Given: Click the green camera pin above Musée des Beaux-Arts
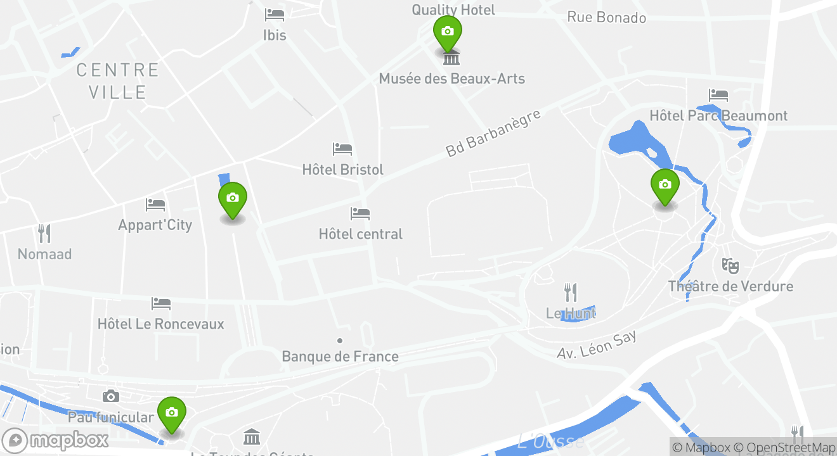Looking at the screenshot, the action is click(447, 32).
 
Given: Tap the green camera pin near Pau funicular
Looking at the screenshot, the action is click(171, 413).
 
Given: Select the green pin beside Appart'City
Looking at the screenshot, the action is click(233, 198).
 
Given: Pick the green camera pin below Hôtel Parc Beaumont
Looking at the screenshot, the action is click(665, 185).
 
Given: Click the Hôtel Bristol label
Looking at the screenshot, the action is click(342, 170).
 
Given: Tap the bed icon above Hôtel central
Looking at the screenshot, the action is click(360, 213).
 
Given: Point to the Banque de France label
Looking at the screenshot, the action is click(340, 357).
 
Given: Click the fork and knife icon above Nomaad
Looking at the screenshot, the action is click(44, 234).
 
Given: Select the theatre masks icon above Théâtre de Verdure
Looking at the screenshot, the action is click(730, 265).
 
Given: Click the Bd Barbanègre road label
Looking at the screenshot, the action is click(493, 133).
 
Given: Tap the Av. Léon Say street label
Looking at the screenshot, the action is click(597, 345).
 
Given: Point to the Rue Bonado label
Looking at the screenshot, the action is click(606, 17).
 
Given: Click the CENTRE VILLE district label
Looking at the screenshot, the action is click(117, 80).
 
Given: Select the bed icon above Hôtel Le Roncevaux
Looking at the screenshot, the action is click(161, 304).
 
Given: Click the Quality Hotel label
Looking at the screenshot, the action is click(453, 9).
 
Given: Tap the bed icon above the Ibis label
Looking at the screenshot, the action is click(275, 15).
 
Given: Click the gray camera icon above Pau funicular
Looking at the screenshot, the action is click(111, 396).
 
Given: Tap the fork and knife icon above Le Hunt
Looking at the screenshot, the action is click(571, 292).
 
